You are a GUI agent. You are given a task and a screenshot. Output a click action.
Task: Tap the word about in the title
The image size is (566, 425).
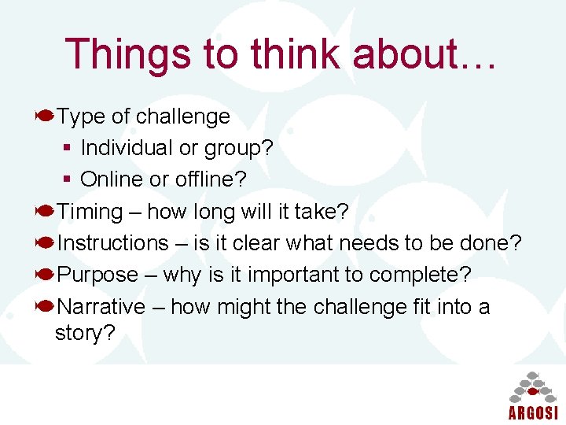point(403,54)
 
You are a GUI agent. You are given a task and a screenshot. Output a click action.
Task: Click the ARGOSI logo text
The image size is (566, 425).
point(533,412)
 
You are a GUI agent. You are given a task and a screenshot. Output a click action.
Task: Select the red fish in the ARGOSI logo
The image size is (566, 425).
point(533,391)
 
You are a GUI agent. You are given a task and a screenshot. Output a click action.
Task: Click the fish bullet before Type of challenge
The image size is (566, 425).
point(45,116)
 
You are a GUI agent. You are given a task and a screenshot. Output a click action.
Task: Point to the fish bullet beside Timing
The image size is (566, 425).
point(45,211)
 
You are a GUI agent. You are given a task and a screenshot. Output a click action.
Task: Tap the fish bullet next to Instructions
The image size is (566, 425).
point(45,243)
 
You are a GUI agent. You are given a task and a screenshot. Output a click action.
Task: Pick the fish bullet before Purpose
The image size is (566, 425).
point(45,275)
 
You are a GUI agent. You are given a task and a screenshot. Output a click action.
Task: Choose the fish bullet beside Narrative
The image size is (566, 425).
point(45,306)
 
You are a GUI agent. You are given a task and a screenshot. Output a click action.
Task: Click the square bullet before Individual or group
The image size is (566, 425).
point(68,148)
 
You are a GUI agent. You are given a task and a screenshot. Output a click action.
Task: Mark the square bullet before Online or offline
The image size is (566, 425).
point(68,179)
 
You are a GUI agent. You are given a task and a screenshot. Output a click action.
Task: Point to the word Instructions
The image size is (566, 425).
point(113,243)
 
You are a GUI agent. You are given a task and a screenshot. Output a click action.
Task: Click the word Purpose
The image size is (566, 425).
point(97,275)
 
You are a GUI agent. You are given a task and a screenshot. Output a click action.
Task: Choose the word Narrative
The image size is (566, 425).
point(101,306)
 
